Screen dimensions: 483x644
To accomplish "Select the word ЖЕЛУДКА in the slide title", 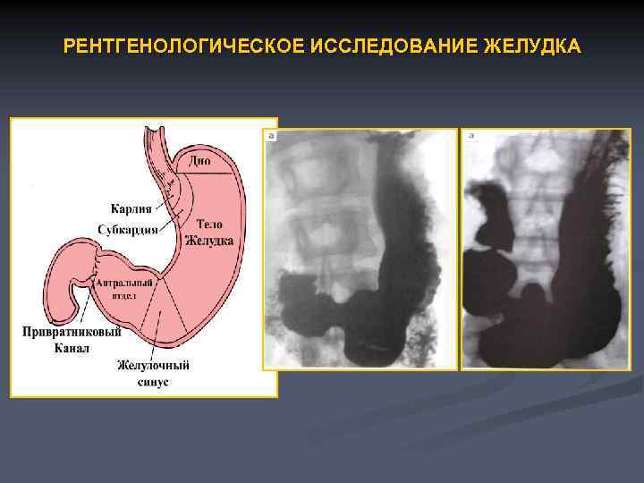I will point(531,45).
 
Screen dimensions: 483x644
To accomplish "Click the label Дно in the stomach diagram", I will point(201,161).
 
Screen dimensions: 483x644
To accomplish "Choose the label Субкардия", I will point(128,229).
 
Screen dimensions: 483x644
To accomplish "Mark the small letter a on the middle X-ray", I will point(271,136).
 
